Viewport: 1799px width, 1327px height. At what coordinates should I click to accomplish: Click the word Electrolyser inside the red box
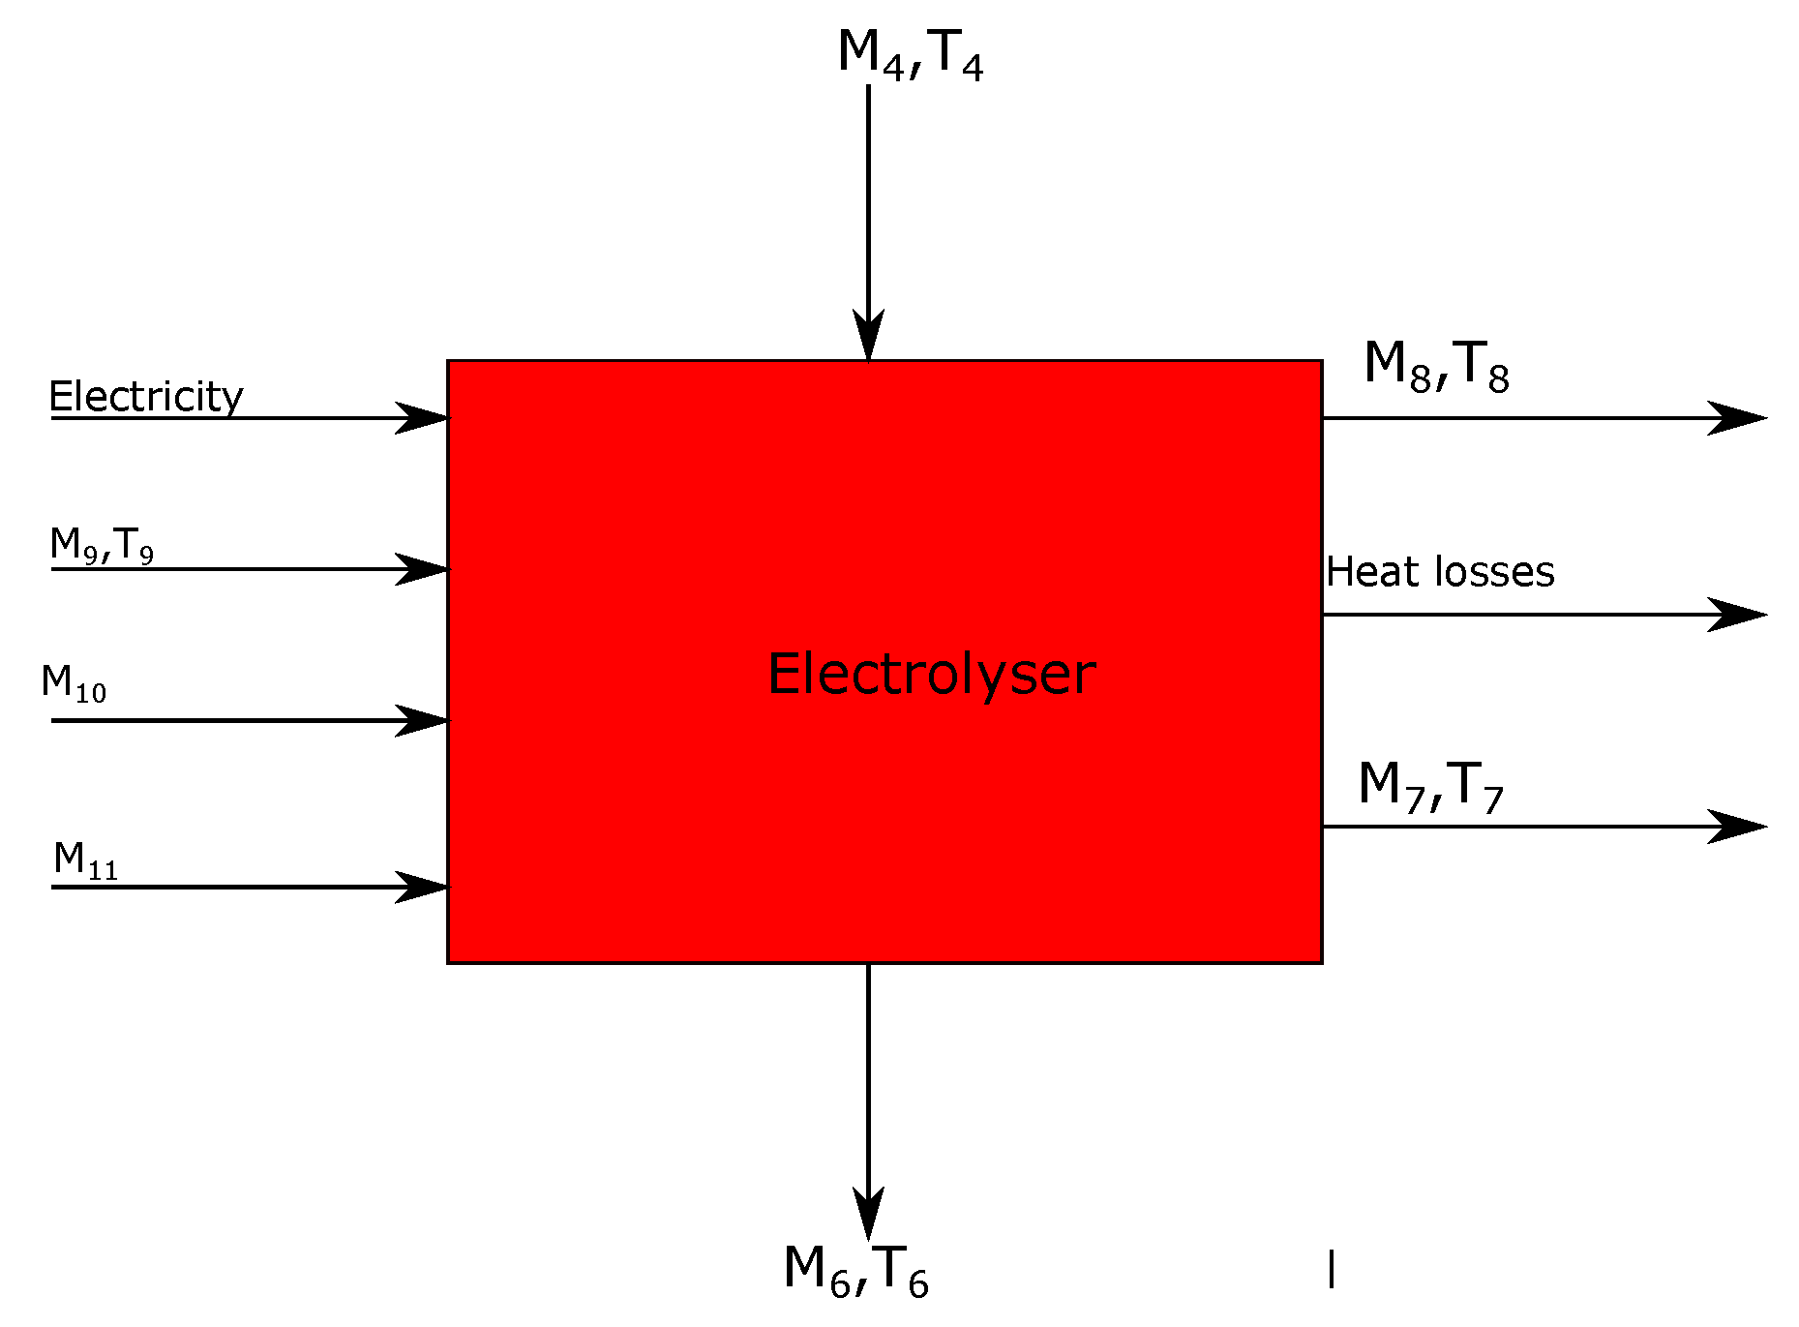pyautogui.click(x=931, y=675)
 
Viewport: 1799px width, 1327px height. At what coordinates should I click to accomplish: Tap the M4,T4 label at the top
pyautogui.click(x=910, y=53)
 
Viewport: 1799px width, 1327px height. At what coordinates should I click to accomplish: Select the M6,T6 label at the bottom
pyautogui.click(x=855, y=1269)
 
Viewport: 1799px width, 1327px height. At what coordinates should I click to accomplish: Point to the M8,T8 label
pyautogui.click(x=1436, y=366)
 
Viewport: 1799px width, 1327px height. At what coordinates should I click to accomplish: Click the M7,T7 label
pyautogui.click(x=1430, y=785)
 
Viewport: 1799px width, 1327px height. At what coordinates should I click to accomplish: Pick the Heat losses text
pyautogui.click(x=1440, y=572)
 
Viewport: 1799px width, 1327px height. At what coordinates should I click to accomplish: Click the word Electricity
pyautogui.click(x=146, y=397)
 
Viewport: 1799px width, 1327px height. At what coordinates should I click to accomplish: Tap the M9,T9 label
pyautogui.click(x=102, y=545)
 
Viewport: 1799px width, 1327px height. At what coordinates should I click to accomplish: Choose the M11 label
pyautogui.click(x=86, y=860)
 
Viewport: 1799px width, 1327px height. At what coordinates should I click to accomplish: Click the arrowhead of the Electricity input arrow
pyautogui.click(x=424, y=418)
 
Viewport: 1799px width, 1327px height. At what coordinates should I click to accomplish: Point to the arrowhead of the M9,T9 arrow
pyautogui.click(x=424, y=569)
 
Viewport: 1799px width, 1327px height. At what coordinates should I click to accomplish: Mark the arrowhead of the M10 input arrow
pyautogui.click(x=424, y=721)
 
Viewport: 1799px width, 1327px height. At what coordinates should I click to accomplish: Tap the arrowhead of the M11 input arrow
pyautogui.click(x=424, y=887)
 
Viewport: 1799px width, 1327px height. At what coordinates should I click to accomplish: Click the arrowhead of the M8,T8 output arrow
pyautogui.click(x=1737, y=418)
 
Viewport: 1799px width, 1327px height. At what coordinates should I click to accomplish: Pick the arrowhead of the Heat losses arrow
pyautogui.click(x=1737, y=615)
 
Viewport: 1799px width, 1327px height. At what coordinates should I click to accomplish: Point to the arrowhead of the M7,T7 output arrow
pyautogui.click(x=1737, y=827)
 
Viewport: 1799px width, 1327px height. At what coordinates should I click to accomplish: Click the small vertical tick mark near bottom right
pyautogui.click(x=1332, y=1269)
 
